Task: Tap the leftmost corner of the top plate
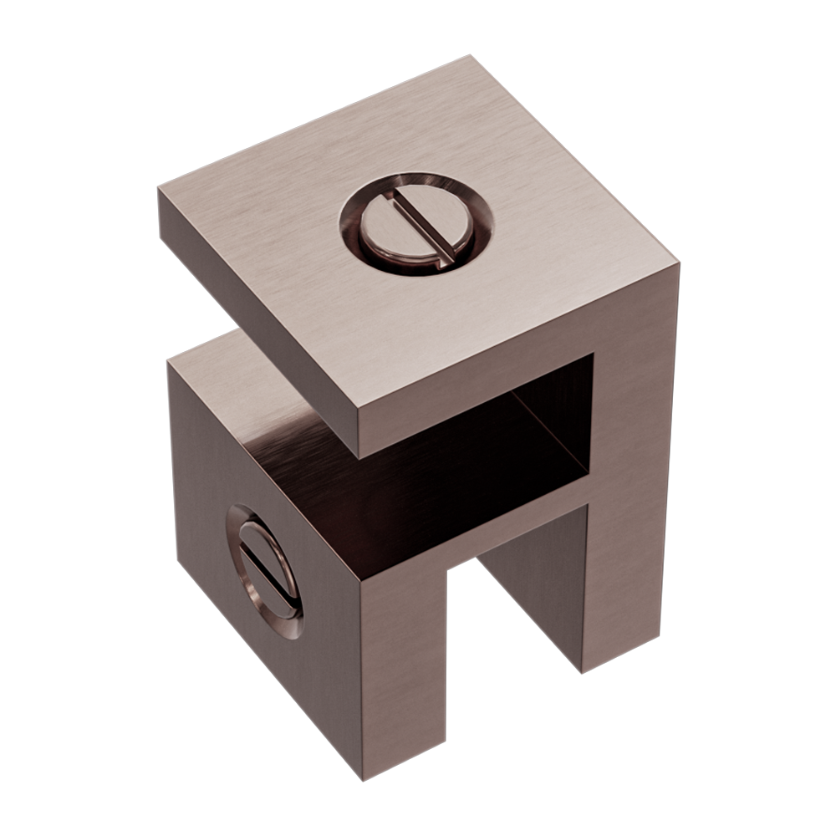(158, 191)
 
